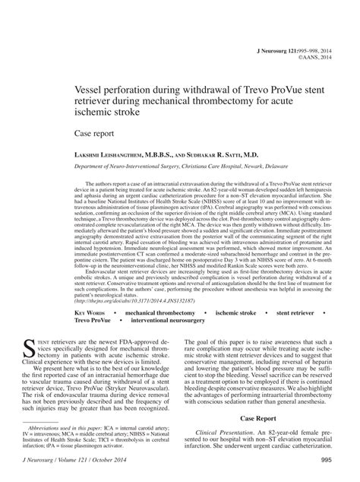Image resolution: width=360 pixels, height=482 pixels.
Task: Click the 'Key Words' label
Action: click(94, 312)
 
